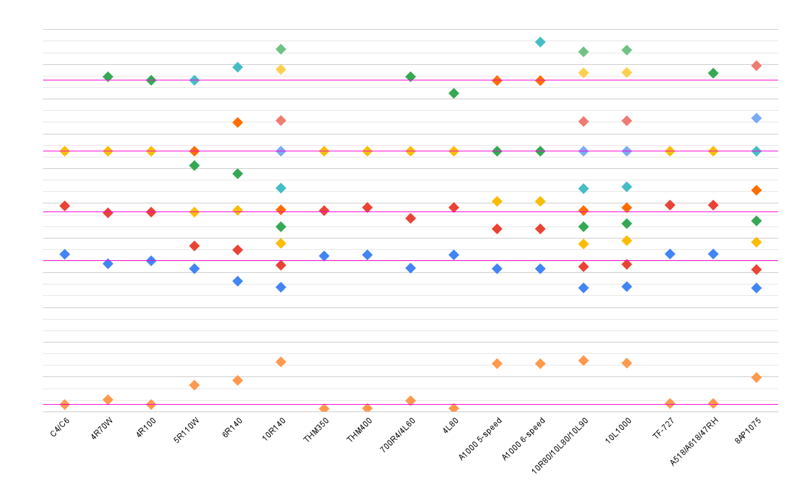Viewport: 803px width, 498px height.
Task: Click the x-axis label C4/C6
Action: [59, 428]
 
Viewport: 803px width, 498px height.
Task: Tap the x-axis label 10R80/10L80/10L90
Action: [561, 445]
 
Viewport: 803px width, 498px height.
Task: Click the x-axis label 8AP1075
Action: [748, 430]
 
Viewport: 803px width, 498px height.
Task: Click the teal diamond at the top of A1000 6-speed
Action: [540, 42]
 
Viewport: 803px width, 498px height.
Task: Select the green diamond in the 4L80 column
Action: [454, 93]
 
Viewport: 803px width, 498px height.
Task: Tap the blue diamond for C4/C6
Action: [65, 254]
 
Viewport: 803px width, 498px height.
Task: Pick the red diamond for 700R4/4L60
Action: [411, 218]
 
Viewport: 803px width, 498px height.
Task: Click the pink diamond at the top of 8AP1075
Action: [756, 66]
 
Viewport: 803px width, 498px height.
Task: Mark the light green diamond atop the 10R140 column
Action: [281, 49]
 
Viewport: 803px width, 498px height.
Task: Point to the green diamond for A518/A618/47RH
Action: [713, 73]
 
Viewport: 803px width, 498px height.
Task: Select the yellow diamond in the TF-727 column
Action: [670, 151]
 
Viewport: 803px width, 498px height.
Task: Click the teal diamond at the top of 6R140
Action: [238, 67]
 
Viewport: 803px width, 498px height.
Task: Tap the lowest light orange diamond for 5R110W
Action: [195, 385]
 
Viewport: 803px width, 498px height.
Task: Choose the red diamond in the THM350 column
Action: [324, 211]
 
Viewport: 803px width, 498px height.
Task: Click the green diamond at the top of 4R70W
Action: [108, 76]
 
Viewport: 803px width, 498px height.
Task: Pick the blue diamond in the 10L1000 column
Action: [627, 287]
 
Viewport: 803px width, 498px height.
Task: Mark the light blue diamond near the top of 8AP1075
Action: [756, 118]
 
